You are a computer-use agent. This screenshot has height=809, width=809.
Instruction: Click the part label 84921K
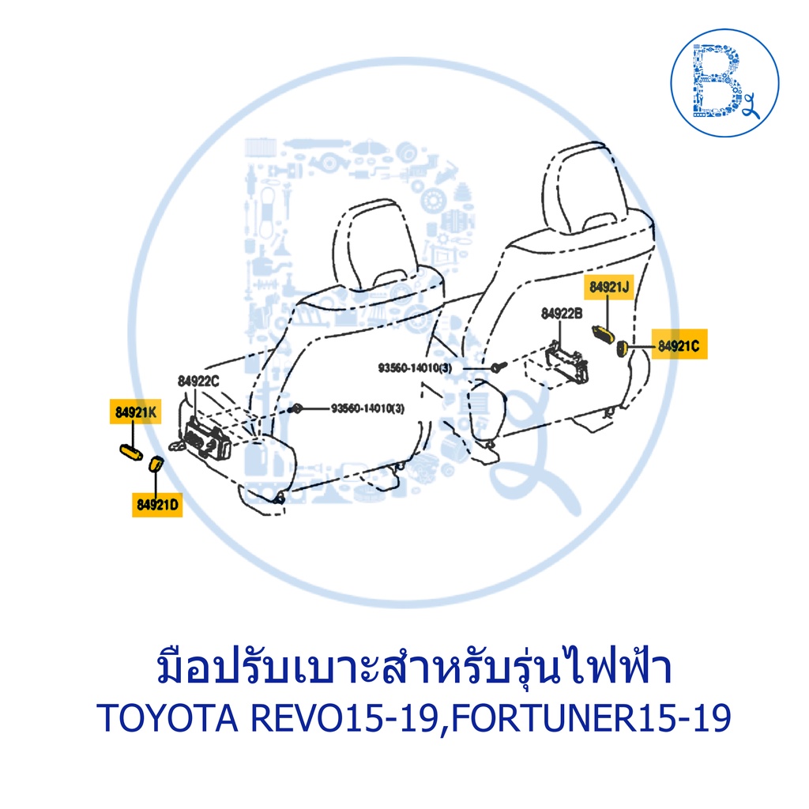point(136,412)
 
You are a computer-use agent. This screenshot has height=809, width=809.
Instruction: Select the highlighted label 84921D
point(157,504)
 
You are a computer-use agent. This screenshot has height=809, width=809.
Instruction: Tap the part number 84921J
point(609,287)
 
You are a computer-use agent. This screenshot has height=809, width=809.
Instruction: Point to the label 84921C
point(679,346)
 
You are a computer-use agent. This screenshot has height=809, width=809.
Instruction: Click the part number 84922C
point(198,382)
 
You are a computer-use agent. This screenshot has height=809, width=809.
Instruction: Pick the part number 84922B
point(562,313)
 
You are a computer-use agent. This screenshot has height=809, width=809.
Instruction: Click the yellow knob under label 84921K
point(131,452)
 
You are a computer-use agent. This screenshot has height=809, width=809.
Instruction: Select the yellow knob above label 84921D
point(156,464)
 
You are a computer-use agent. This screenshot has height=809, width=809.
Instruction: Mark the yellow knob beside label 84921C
point(623,348)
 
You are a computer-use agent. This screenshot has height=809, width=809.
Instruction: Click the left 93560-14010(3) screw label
point(368,408)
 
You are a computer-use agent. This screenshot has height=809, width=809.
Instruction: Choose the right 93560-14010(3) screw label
point(416,368)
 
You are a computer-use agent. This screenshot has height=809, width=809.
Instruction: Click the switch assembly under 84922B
point(566,360)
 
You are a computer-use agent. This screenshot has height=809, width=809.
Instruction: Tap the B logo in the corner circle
point(719,81)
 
